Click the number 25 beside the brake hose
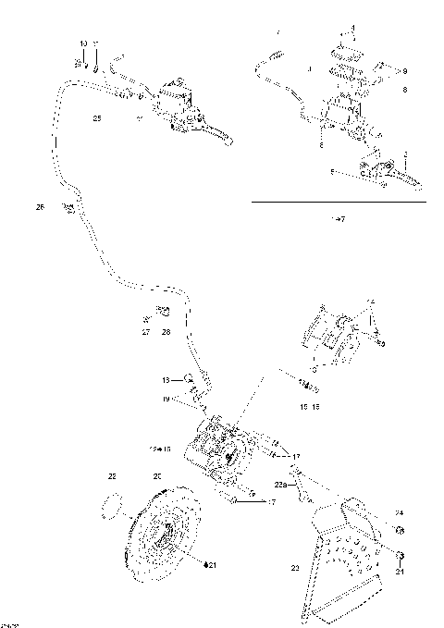pyautogui.click(x=97, y=118)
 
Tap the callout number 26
pyautogui.click(x=40, y=207)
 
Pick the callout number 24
pyautogui.click(x=400, y=513)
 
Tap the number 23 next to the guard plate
pyautogui.click(x=296, y=567)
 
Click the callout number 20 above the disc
pyautogui.click(x=157, y=475)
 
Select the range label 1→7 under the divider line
pyautogui.click(x=338, y=218)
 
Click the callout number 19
pyautogui.click(x=166, y=399)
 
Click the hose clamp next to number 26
pyautogui.click(x=68, y=209)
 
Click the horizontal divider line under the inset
pyautogui.click(x=338, y=202)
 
